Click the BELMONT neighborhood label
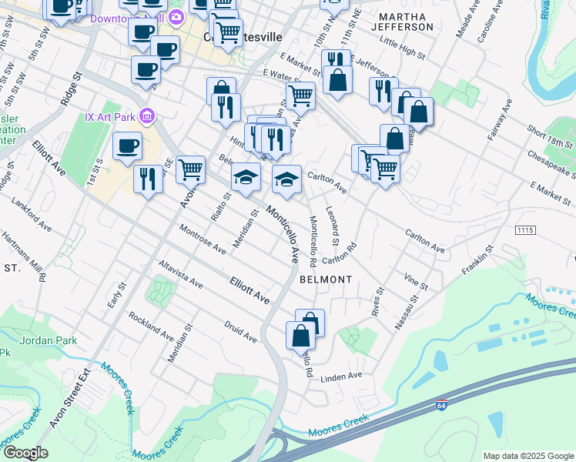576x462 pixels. [x=326, y=279]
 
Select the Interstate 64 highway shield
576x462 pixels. [x=440, y=405]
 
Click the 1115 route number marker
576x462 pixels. [x=525, y=230]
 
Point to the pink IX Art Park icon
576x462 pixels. [x=148, y=117]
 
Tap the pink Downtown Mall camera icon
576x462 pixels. [x=176, y=18]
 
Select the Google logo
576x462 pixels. [x=25, y=452]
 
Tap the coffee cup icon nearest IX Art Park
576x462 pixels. [x=128, y=145]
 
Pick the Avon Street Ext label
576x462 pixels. [x=78, y=401]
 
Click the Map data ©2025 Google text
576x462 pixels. [x=527, y=456]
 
